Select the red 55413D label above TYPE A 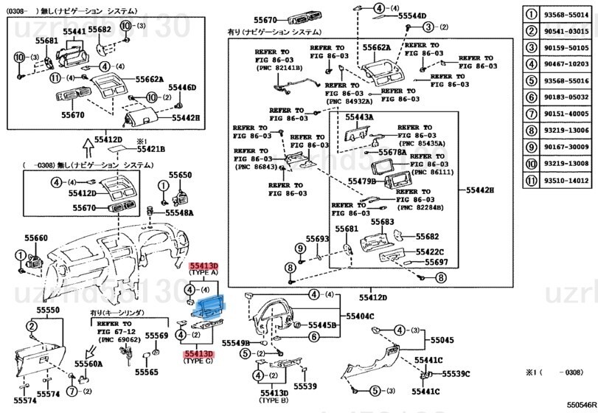204,265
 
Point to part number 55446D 183,88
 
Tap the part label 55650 179,175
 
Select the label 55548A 178,212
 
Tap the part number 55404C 361,316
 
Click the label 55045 442,340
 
